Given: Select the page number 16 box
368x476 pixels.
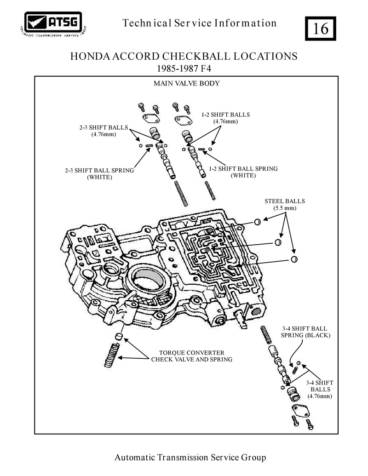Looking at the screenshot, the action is [x=320, y=29].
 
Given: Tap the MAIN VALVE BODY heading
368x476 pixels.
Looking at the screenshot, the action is [x=186, y=83].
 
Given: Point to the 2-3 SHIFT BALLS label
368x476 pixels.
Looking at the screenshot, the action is [x=104, y=131].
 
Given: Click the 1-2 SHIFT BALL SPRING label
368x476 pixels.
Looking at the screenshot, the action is [x=243, y=172].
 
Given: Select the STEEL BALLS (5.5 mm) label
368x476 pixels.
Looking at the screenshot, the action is [x=284, y=204].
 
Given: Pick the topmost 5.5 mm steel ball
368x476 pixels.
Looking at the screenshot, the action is [x=257, y=222].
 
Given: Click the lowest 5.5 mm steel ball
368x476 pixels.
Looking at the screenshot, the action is [x=294, y=259].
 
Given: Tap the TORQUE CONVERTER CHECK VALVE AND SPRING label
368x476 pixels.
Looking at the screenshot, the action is [x=192, y=356].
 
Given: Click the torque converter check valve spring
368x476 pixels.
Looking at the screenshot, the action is [x=111, y=355].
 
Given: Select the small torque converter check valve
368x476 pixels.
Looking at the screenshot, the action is [x=119, y=337].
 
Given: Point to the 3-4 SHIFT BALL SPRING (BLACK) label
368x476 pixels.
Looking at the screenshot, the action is [x=305, y=332].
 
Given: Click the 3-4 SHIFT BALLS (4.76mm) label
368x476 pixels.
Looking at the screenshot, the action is [x=319, y=389].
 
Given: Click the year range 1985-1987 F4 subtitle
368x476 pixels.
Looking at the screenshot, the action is [x=184, y=69].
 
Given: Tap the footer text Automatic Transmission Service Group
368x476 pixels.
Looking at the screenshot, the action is [x=190, y=457].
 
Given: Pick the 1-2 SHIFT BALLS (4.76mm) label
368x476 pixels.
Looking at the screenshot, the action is [x=225, y=118].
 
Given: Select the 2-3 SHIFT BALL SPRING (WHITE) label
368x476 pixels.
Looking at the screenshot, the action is [x=99, y=174].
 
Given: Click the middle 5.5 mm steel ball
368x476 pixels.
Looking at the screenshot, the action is [x=278, y=242].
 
